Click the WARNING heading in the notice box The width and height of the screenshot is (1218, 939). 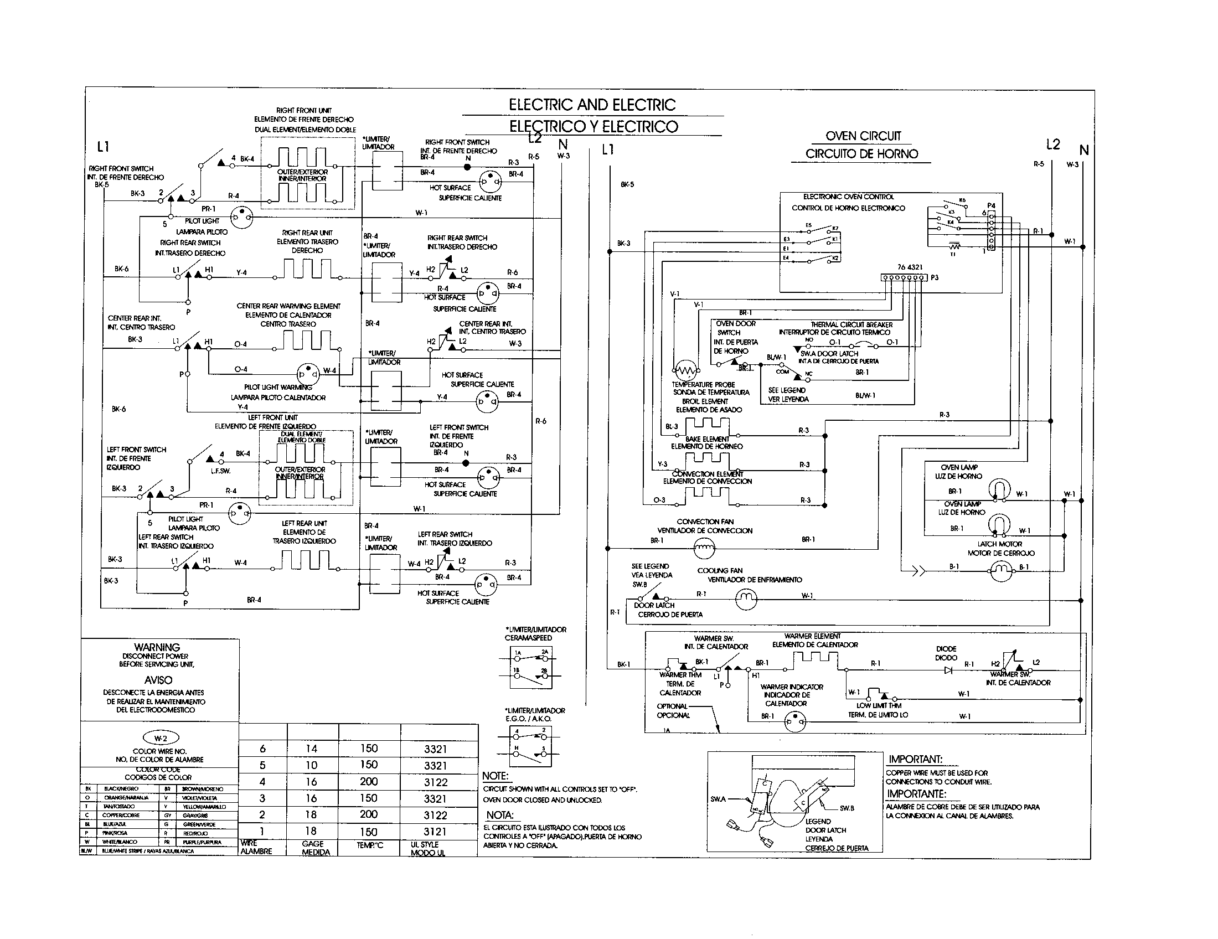point(157,647)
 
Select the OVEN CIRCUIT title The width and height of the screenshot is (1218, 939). point(863,136)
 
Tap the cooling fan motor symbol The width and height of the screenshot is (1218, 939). point(746,600)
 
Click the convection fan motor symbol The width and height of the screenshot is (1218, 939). point(704,549)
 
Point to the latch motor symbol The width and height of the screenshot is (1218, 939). point(1000,569)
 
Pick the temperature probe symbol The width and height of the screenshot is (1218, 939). point(686,370)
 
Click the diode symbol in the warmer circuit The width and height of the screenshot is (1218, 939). point(948,670)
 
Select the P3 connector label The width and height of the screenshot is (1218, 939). point(935,277)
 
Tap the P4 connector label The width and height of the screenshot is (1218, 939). point(990,206)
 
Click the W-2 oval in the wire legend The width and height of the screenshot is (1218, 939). point(161,738)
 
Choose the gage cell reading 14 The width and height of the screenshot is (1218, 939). point(311,749)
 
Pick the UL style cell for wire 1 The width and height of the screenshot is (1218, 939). point(435,832)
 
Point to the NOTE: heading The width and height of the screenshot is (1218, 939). point(496,776)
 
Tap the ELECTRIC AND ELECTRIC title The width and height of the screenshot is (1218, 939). point(592,105)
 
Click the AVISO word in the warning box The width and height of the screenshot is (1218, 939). point(158,680)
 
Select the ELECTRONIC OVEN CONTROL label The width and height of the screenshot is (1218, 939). point(848,197)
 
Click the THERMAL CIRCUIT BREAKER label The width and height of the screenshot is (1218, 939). point(851,324)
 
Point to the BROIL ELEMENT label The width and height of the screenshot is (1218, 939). point(705,401)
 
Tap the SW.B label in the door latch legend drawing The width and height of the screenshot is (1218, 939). point(847,808)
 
